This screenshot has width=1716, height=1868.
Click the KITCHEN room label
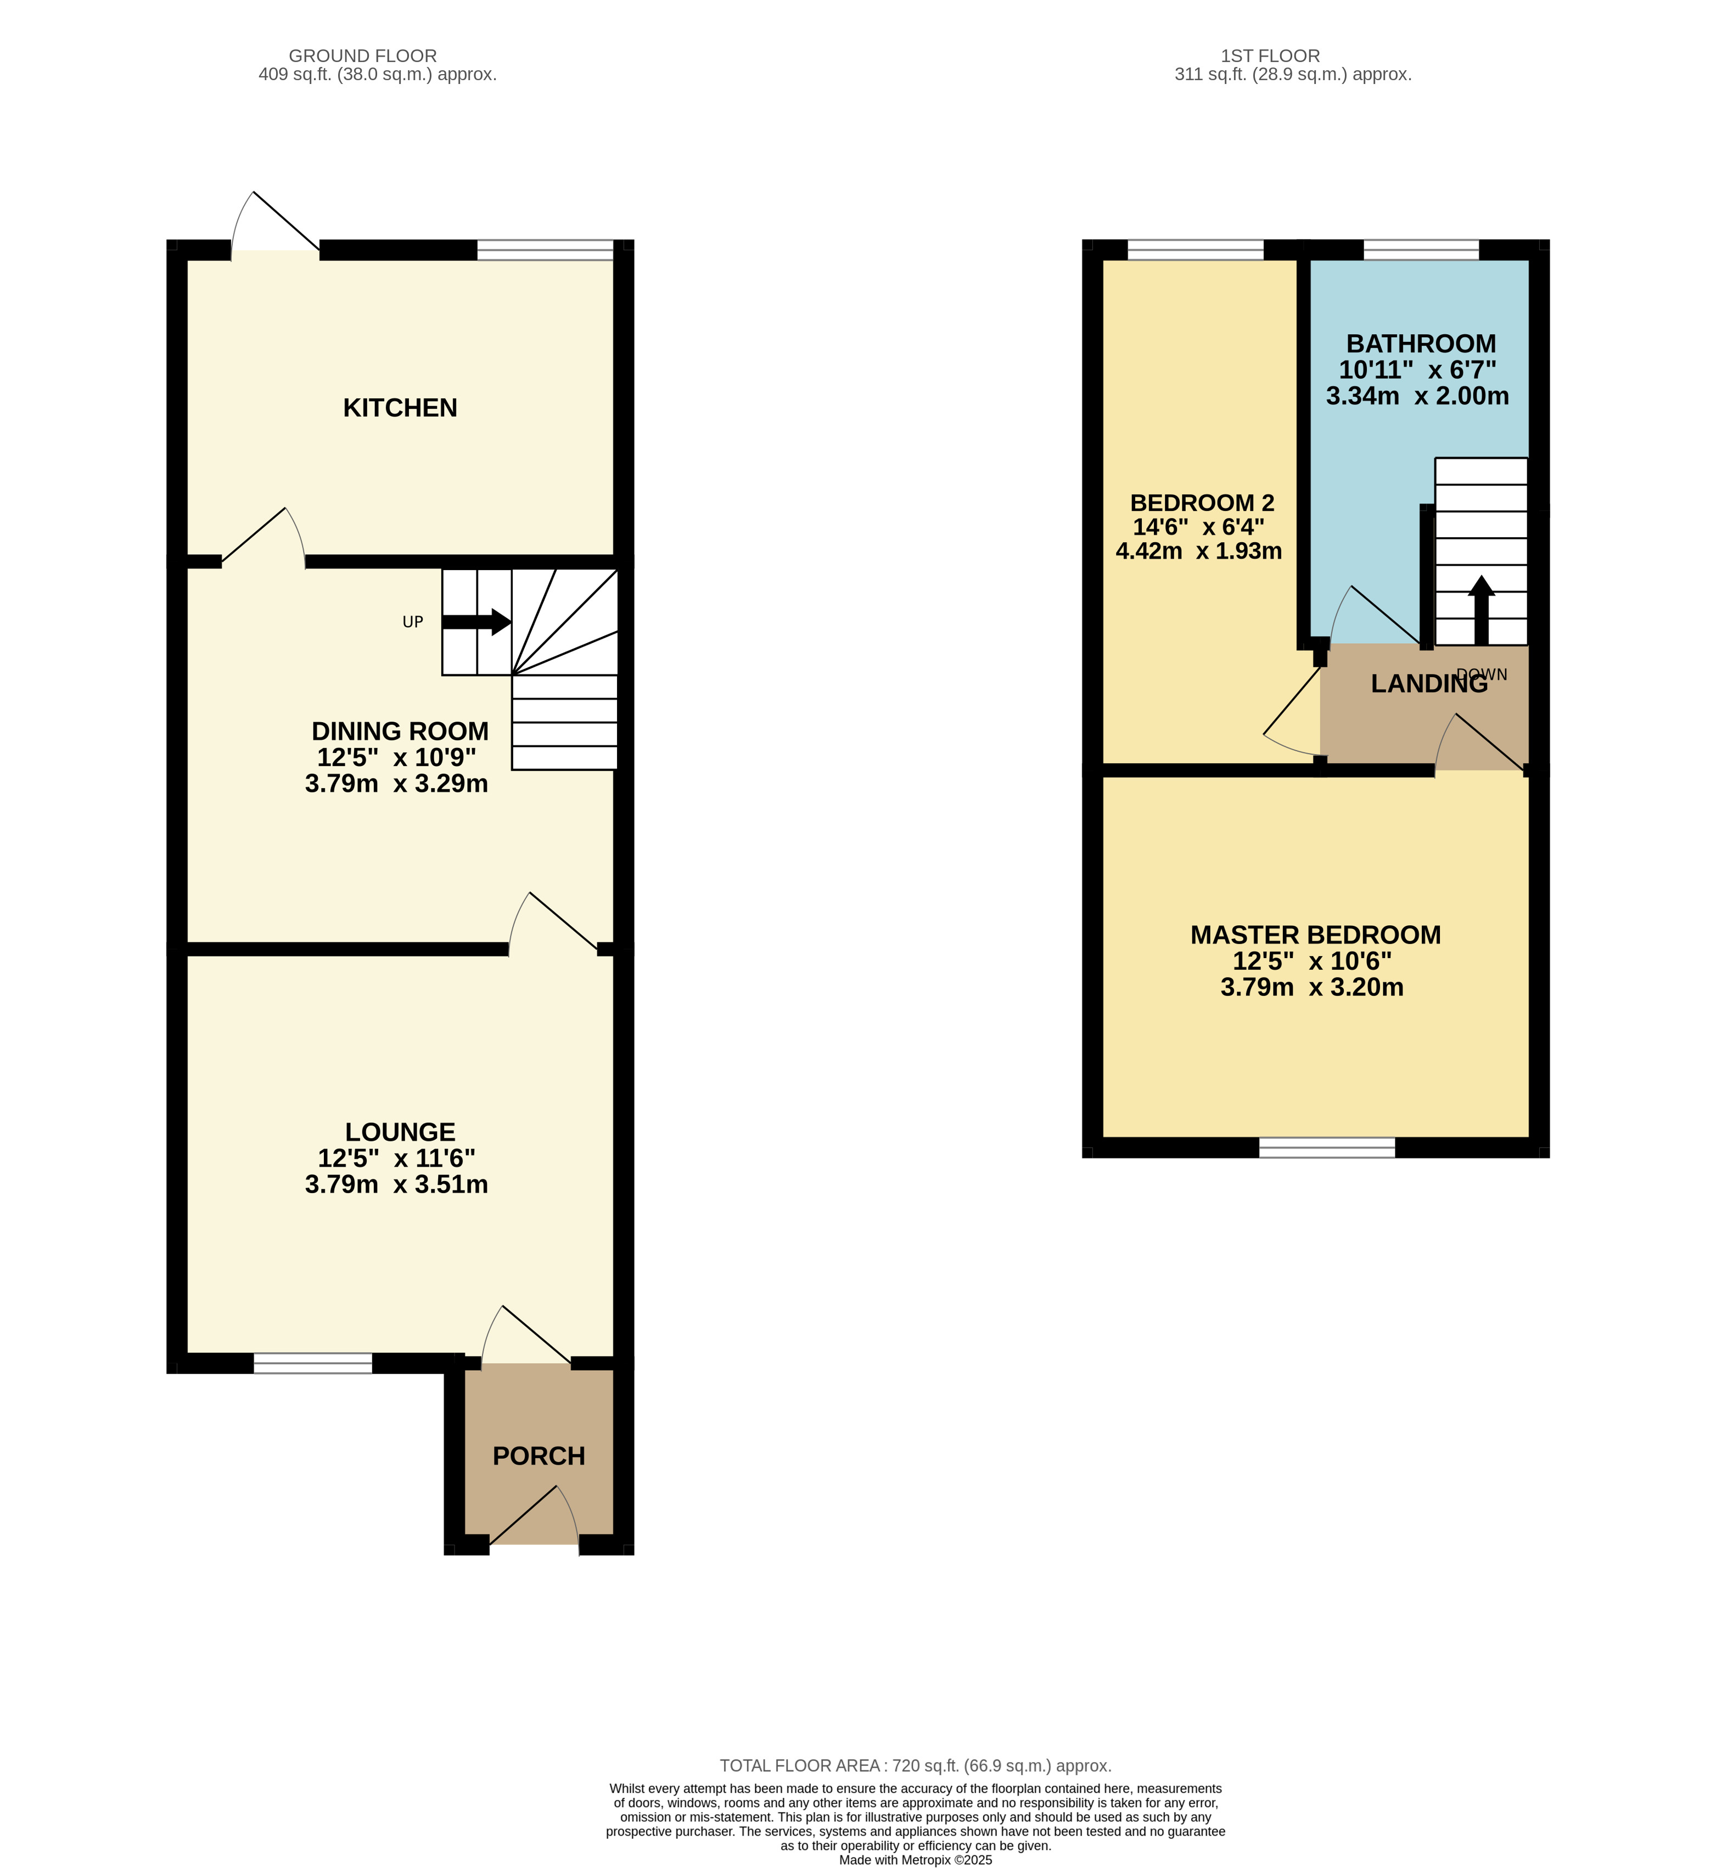(x=400, y=408)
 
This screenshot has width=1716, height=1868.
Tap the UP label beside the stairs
(x=413, y=622)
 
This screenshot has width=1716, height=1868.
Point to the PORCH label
(x=539, y=1456)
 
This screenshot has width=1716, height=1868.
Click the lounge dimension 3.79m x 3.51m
(x=396, y=1185)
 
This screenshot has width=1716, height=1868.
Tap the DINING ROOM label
(x=400, y=732)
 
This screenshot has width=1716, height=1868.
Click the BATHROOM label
(x=1421, y=344)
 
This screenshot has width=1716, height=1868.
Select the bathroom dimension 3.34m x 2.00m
(x=1417, y=396)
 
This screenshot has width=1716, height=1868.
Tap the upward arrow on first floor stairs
(x=1481, y=610)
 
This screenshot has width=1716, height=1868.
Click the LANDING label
(x=1429, y=684)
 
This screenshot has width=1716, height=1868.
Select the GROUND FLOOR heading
(x=362, y=56)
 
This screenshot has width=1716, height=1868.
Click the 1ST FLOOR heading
(x=1270, y=56)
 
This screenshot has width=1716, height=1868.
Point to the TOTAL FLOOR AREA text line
(x=916, y=1766)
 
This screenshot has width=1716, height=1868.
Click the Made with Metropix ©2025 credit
(x=916, y=1860)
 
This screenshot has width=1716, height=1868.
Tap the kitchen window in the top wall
(x=545, y=250)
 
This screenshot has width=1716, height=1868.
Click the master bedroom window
(x=1327, y=1147)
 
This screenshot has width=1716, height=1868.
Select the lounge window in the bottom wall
(x=313, y=1363)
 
